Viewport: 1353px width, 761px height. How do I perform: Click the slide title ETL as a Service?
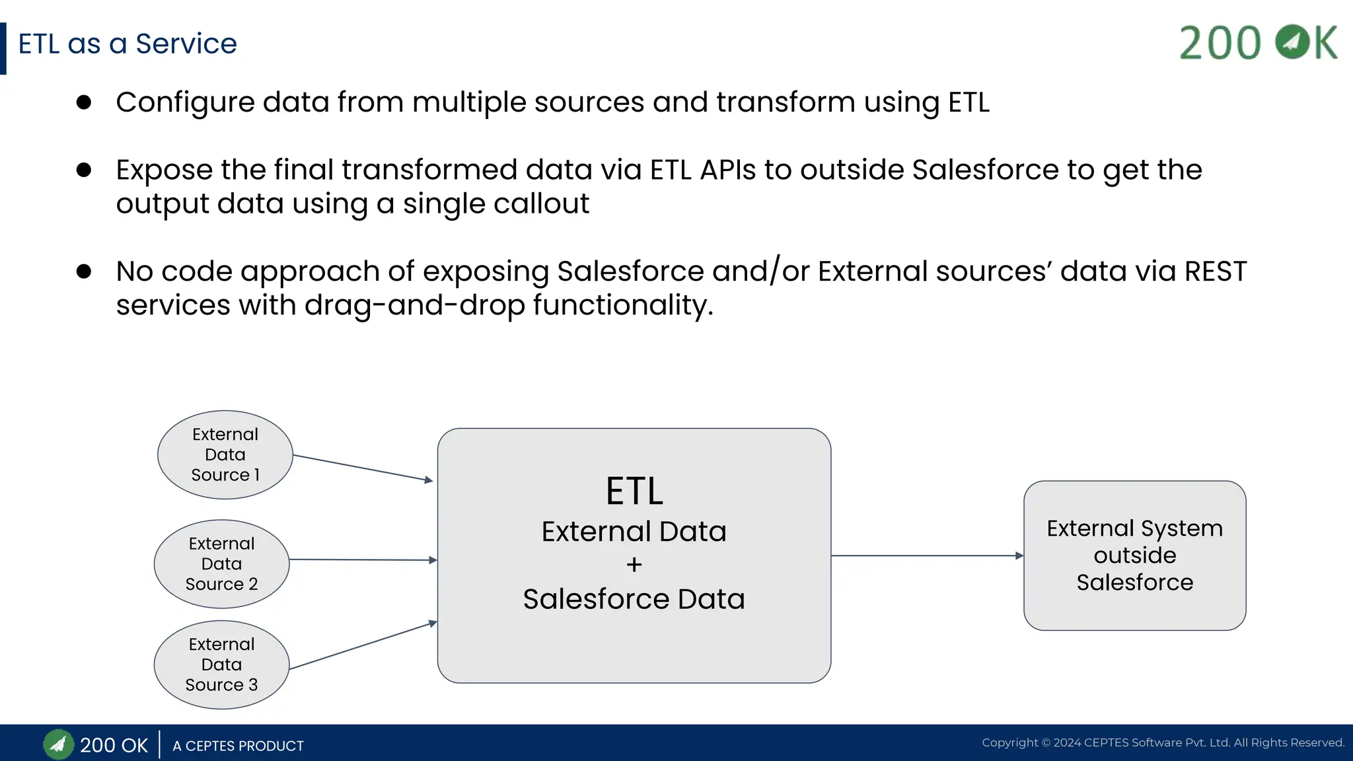tap(127, 44)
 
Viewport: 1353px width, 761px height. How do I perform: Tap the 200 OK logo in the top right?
tap(1258, 43)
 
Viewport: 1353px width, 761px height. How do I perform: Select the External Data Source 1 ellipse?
tap(225, 454)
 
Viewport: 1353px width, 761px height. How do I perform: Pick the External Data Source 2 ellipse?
tap(221, 563)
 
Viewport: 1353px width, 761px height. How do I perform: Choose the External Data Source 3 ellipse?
tap(221, 665)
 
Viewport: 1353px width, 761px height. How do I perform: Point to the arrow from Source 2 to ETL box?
tap(363, 560)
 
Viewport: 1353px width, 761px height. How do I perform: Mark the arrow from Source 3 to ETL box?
tap(363, 646)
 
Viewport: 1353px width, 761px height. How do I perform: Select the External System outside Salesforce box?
tap(1134, 556)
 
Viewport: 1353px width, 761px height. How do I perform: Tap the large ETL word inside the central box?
tap(634, 491)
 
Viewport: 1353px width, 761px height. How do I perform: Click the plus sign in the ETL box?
tap(634, 565)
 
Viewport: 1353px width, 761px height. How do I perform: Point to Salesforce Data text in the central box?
tap(634, 599)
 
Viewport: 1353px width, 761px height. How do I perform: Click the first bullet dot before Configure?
tap(84, 102)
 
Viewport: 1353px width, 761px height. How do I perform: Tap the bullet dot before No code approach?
tap(84, 271)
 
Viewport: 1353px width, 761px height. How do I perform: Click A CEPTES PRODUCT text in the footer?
tap(238, 746)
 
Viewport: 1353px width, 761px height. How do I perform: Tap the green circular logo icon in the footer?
tap(58, 745)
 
